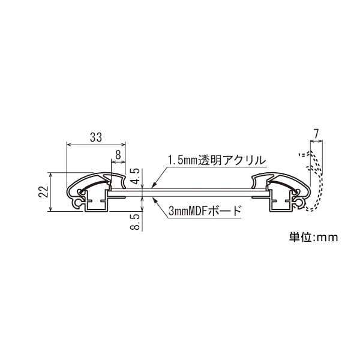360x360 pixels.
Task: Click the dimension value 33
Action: pos(96,137)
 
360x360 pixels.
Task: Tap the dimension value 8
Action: pos(118,155)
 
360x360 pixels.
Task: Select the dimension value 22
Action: pos(43,191)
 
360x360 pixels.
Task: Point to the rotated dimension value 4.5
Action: pos(136,176)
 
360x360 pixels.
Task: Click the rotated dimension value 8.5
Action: pos(135,222)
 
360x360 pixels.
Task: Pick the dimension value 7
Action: pos(316,134)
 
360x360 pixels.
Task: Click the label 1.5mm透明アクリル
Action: pos(217,160)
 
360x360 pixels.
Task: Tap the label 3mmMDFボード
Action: pos(205,211)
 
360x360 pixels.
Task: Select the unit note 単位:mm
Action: pos(313,237)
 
